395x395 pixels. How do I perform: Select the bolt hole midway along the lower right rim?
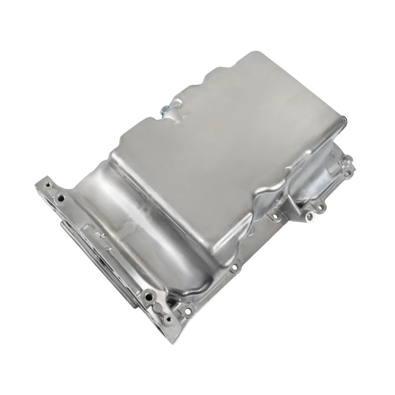[x=235, y=267]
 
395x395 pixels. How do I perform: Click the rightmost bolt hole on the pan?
[x=349, y=167]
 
